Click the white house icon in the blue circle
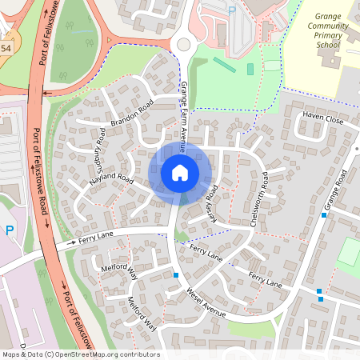pos(180,173)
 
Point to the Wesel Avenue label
pos(206,302)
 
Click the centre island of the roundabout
pos(184,45)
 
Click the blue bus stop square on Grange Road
pos(324,214)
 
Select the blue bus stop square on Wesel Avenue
pos(176,276)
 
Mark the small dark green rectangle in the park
pos(250,70)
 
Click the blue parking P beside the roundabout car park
pos(232,10)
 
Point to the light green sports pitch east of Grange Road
pos(349,253)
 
